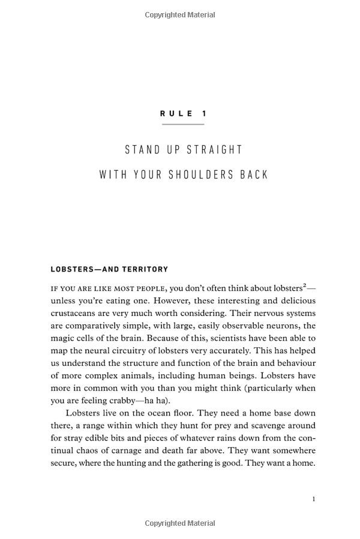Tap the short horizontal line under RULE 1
[x=183, y=124]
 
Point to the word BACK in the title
[x=253, y=174]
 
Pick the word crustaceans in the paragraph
[x=75, y=313]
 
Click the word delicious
[x=294, y=300]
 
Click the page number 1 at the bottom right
[x=314, y=499]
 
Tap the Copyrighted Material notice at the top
[x=180, y=15]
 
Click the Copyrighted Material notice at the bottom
[x=180, y=524]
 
